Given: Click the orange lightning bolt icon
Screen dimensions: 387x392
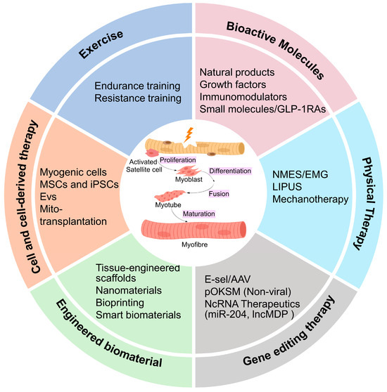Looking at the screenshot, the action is (189, 135).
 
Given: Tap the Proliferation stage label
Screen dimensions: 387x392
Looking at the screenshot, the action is (178, 160).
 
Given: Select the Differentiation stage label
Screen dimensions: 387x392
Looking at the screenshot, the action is (230, 171).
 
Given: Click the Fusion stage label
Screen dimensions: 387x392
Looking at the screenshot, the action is (219, 194).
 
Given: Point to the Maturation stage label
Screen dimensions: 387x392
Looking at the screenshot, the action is (199, 214).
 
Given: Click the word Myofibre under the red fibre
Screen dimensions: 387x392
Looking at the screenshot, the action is (194, 244).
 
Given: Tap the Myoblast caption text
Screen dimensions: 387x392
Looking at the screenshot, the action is (189, 179).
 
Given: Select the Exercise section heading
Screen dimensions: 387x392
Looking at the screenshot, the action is (101, 44).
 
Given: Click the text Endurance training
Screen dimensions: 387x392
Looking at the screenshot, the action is (137, 86).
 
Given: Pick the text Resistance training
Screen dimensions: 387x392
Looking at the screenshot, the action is (138, 98).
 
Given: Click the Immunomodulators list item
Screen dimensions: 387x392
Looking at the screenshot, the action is (243, 97).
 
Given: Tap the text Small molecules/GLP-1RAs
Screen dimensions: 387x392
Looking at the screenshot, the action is (262, 109).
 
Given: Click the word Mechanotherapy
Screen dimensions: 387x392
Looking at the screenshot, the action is (310, 200).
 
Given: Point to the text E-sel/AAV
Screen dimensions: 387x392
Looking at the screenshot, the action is (227, 280).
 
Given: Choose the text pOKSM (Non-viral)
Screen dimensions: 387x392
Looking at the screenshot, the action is (248, 292).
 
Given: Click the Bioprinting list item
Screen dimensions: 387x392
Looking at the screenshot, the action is (120, 303).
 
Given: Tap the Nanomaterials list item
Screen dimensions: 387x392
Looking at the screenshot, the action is (129, 291).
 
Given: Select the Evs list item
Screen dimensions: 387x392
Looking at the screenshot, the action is (48, 197).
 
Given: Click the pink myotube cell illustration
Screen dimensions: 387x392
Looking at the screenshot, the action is (170, 196).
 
